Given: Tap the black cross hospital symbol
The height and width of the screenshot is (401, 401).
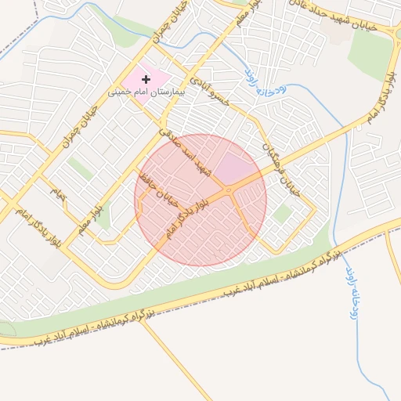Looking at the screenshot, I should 146,79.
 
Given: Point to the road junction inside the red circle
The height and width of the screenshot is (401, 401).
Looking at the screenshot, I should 228,190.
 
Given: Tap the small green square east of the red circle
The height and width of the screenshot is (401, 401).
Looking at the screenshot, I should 282,213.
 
